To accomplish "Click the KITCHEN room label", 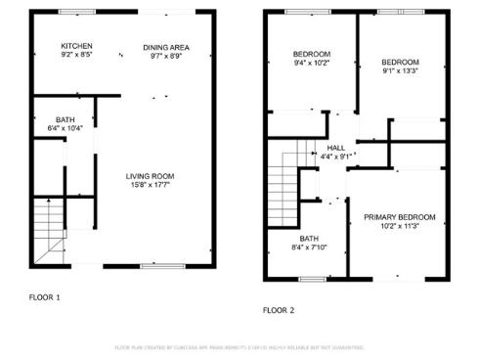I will coord(76,46).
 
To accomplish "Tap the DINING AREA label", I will coord(166,47).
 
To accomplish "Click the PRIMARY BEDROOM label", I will coord(399,216).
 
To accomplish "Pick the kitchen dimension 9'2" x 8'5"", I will coord(76,56).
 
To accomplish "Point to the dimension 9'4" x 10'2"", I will coord(313,64).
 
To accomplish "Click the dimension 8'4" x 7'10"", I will coord(310,247).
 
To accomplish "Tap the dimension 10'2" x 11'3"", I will coord(399,226).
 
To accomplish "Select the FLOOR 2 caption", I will coord(278,310).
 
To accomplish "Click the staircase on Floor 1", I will coord(45,231).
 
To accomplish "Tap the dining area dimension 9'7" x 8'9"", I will coord(166,57).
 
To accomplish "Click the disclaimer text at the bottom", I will coord(239,347).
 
